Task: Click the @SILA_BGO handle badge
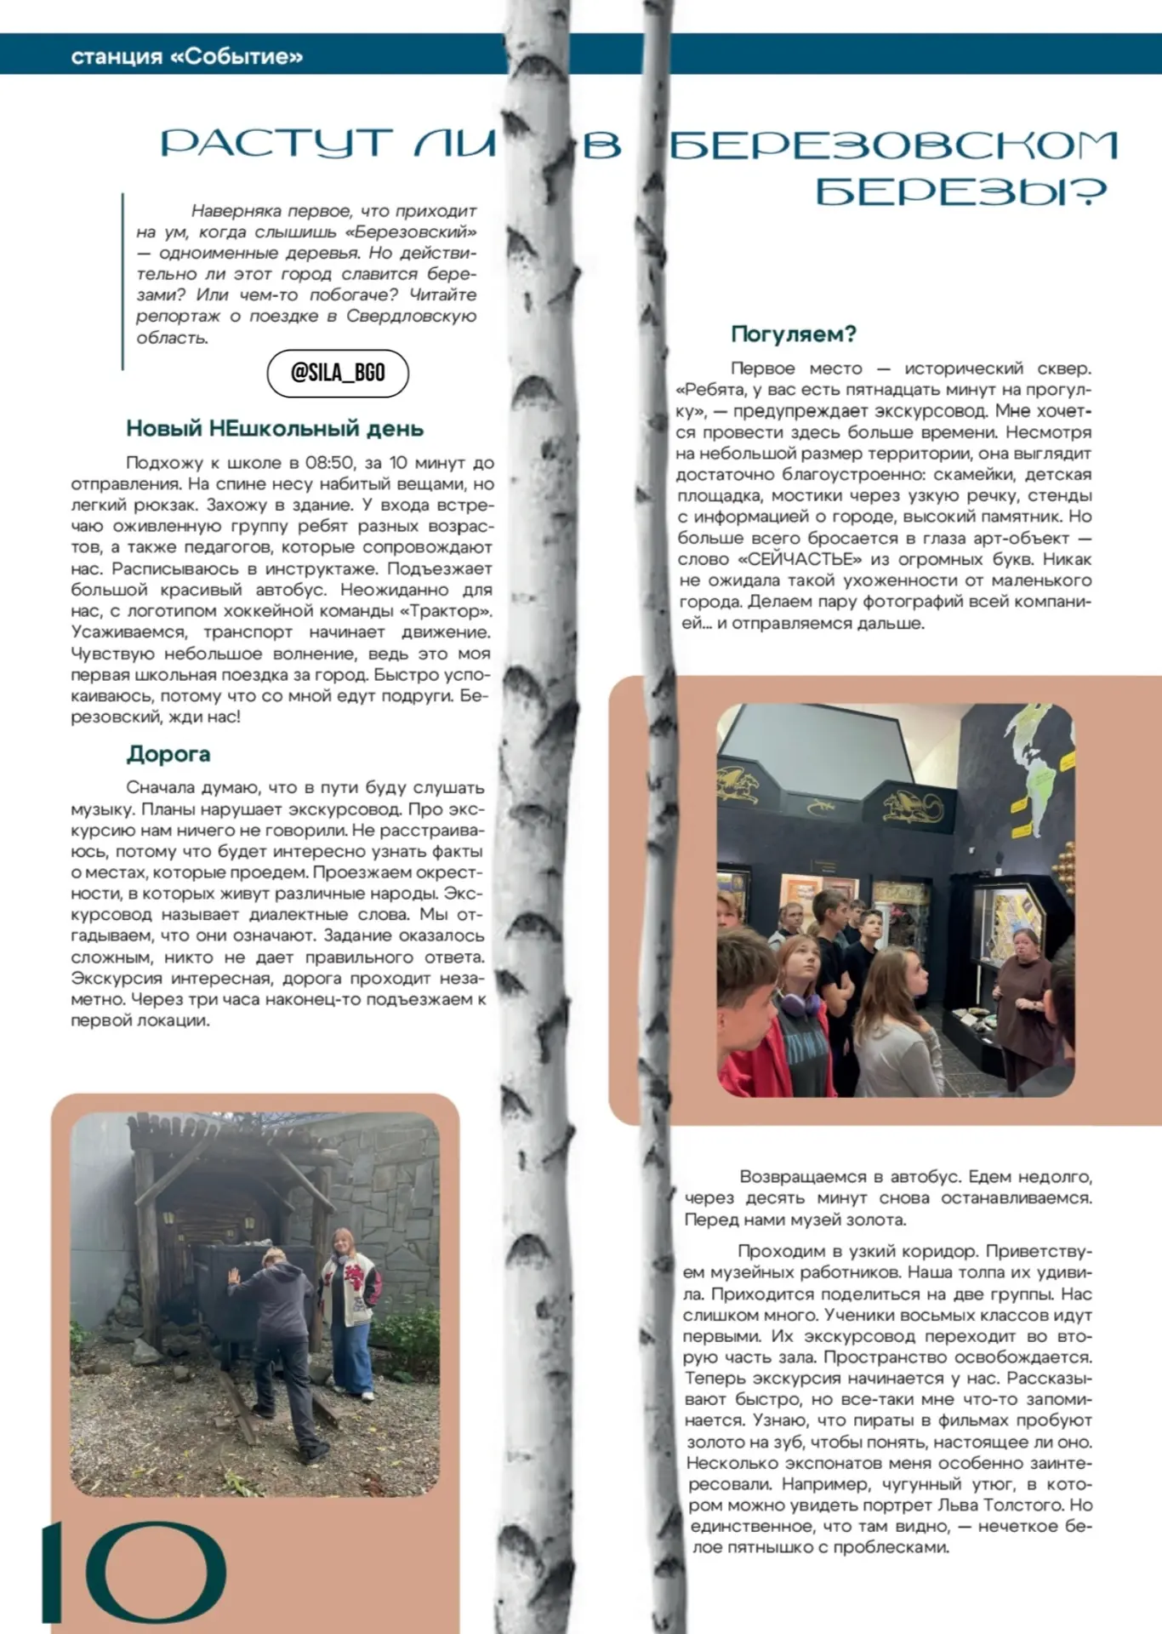pyautogui.click(x=338, y=373)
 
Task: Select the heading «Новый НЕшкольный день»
pyautogui.click(x=275, y=428)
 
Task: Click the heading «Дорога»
pyautogui.click(x=168, y=754)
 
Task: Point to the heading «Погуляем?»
pyautogui.click(x=793, y=334)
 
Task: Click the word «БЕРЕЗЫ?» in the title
pyautogui.click(x=961, y=192)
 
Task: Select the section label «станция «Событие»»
pyautogui.click(x=187, y=56)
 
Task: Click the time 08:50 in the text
pyautogui.click(x=329, y=463)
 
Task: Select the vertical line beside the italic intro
pyautogui.click(x=122, y=281)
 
